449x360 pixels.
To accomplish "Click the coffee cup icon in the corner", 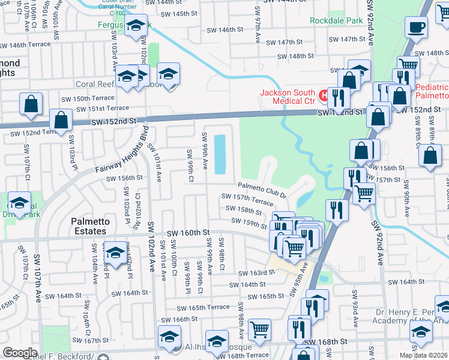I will click(416, 27).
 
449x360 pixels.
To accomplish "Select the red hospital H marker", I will click(324, 95).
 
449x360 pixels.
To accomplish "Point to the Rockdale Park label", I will click(336, 20).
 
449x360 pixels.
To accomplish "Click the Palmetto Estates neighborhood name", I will click(89, 226).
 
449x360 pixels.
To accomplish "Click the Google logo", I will click(20, 353).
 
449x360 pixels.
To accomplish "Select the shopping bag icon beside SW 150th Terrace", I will click(31, 103).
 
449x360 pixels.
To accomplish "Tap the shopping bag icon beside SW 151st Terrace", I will click(61, 119).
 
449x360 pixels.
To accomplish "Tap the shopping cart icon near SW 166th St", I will click(259, 328).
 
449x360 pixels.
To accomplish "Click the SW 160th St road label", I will click(187, 232).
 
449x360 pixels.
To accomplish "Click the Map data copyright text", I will click(423, 355).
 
